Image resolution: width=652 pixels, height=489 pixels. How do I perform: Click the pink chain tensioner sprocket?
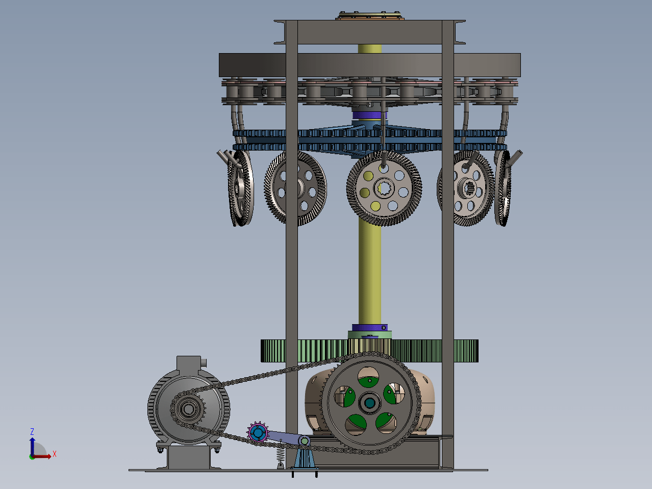click(x=258, y=432)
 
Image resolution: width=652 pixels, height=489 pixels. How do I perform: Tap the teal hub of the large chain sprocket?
click(x=370, y=403)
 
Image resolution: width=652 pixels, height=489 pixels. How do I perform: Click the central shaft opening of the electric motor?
click(x=188, y=409)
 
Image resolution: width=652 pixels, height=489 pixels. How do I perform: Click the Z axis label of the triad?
click(x=32, y=431)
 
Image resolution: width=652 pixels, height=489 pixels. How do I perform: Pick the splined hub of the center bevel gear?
click(x=384, y=188)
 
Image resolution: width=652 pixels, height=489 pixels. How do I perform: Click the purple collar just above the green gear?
click(x=369, y=327)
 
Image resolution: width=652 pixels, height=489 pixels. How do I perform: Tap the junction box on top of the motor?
click(x=189, y=363)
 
